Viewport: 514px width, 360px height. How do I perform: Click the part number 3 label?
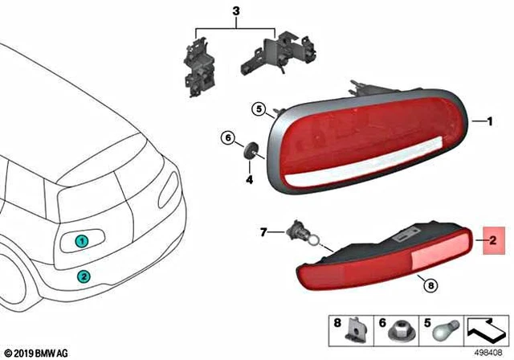pos(235,12)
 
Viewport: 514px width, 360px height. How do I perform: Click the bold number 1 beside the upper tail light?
pos(485,121)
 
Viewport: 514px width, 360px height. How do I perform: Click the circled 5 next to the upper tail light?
pos(258,108)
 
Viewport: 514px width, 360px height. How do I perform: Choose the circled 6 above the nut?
pos(227,138)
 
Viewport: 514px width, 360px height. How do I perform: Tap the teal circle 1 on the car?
pos(81,240)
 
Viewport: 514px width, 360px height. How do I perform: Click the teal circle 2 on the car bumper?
pos(83,276)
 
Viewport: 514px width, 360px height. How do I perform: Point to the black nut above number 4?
pos(249,151)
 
